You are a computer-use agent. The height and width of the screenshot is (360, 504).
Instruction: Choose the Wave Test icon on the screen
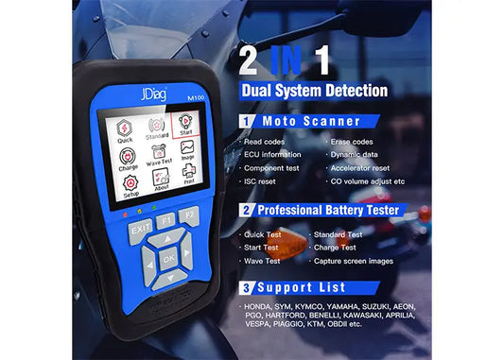(x=159, y=154)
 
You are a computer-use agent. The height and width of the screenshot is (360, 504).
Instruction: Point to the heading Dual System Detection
(x=315, y=91)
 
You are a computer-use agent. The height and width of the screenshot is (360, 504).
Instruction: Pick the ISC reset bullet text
(x=262, y=180)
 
